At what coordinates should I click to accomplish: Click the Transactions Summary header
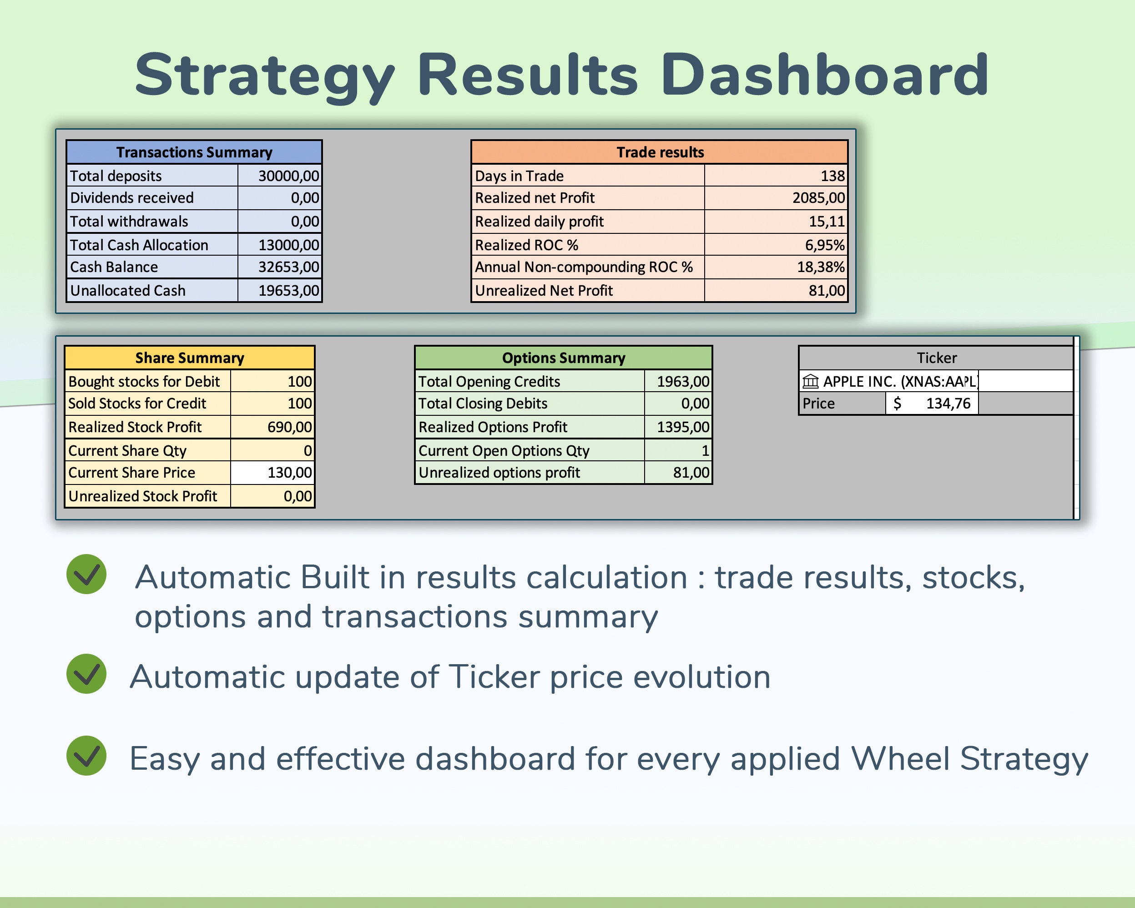point(194,152)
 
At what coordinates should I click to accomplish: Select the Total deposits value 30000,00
point(288,176)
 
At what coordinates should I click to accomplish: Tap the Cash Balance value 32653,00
point(288,267)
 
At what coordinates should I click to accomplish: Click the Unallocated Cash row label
point(128,291)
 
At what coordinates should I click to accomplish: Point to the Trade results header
point(660,152)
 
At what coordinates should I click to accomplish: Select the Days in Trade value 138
point(832,176)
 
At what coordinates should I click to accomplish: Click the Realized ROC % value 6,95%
point(824,245)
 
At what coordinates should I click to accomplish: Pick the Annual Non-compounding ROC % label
point(583,267)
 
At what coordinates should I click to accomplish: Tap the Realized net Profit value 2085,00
point(818,198)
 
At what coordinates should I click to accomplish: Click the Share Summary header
point(190,358)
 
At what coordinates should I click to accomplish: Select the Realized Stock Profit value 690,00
point(289,427)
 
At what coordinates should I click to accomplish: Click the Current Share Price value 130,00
point(289,472)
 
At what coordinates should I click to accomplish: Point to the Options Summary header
point(563,358)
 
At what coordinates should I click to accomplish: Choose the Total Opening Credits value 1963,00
point(683,381)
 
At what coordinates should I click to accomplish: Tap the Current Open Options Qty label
point(504,450)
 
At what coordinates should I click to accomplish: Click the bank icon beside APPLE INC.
point(810,381)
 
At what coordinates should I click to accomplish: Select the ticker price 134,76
point(948,403)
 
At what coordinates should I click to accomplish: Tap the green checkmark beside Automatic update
point(86,674)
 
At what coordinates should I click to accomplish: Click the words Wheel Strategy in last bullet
point(969,758)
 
